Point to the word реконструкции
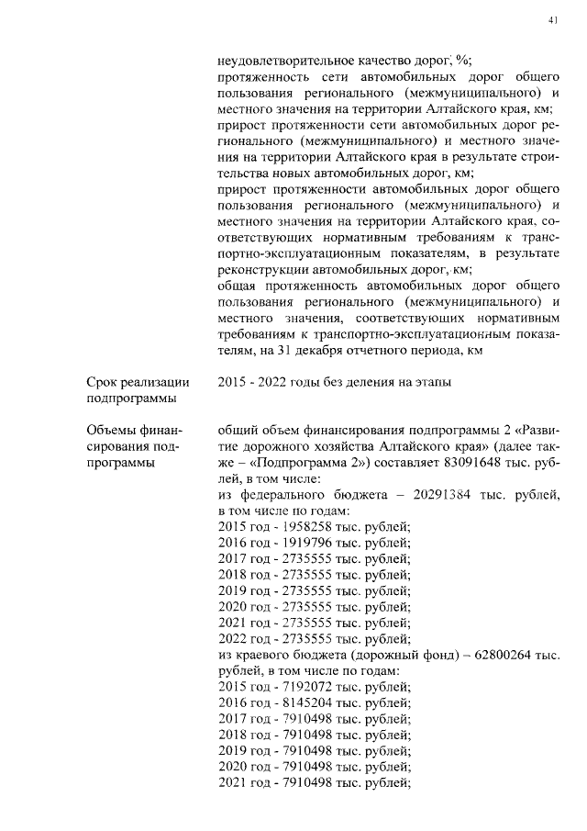click(x=262, y=270)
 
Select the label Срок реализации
click(x=138, y=382)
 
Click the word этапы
click(x=432, y=382)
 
